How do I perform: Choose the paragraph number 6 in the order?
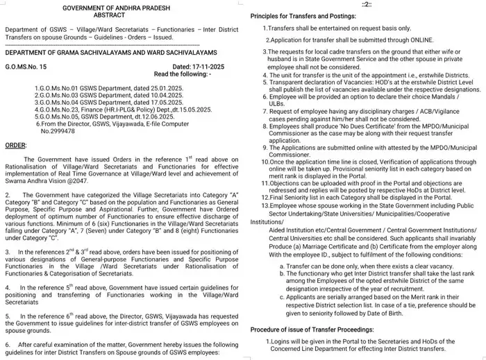tap(7, 344)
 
